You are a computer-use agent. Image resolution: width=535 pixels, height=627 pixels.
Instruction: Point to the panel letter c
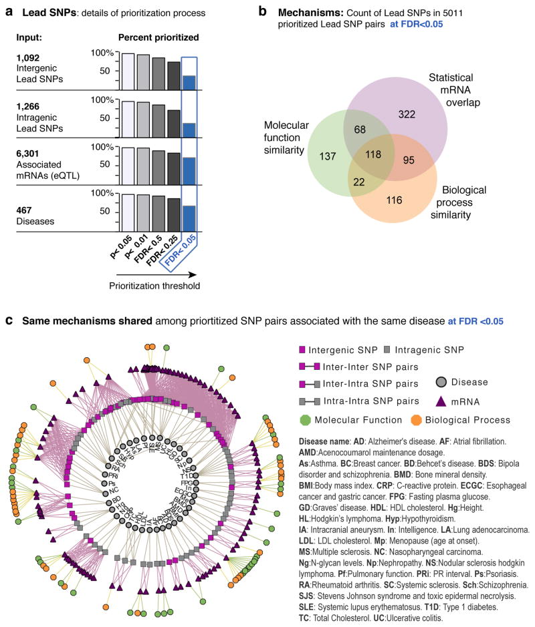[x=8, y=321]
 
